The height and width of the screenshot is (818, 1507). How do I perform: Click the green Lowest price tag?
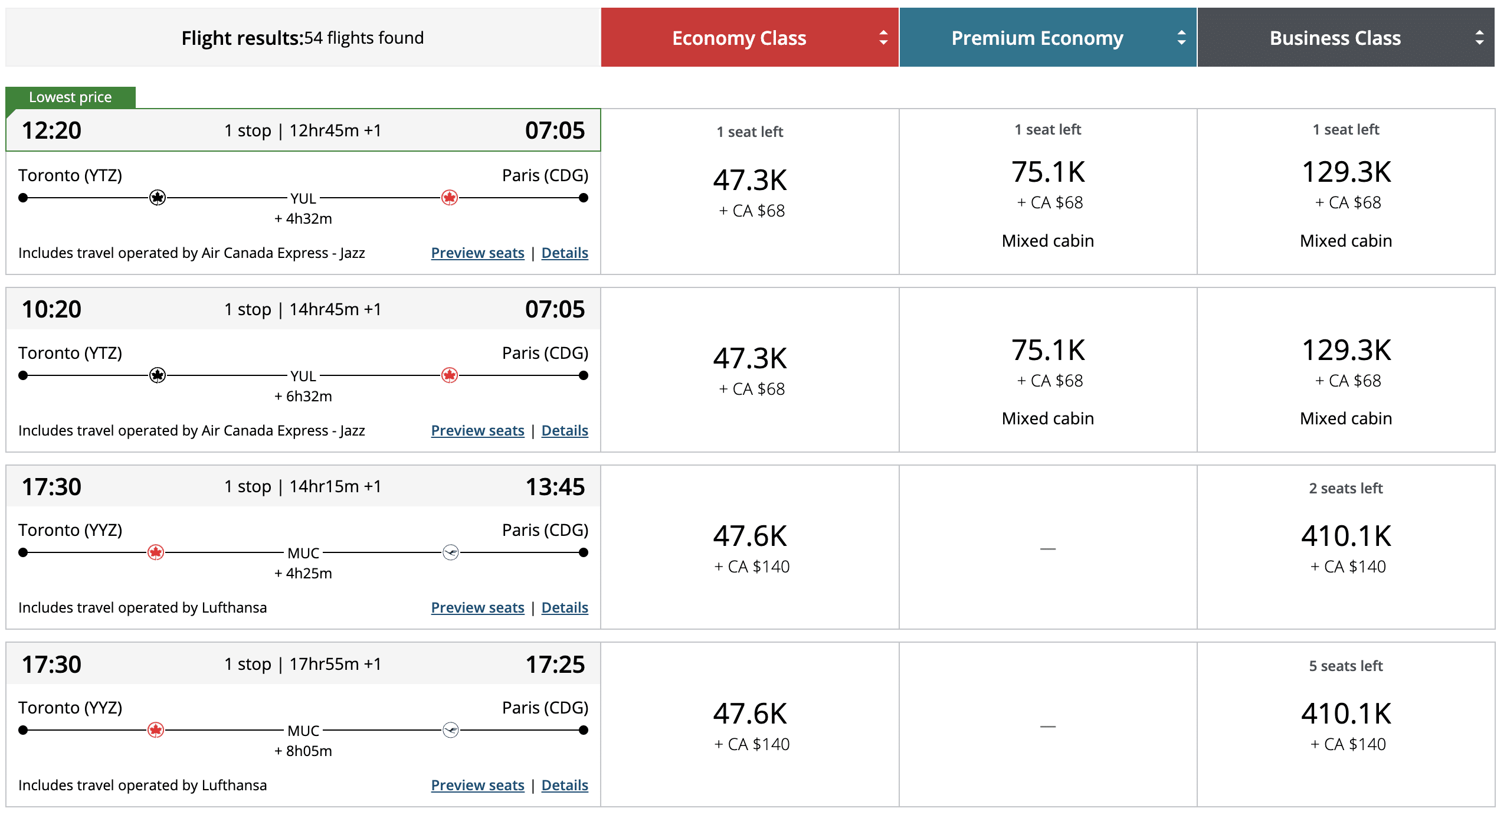[x=70, y=97]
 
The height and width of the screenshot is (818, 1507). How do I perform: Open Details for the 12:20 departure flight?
[x=565, y=253]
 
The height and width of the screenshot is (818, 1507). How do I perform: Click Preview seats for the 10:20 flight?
[x=477, y=431]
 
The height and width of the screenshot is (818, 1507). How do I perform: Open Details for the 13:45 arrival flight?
[x=565, y=608]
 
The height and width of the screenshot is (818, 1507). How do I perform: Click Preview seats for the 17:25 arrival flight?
[x=477, y=786]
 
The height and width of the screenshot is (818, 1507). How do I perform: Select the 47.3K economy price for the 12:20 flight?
[x=750, y=181]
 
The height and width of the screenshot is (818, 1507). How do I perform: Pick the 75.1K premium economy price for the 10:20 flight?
[x=1048, y=351]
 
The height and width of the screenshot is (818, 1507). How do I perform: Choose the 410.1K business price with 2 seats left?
[x=1346, y=536]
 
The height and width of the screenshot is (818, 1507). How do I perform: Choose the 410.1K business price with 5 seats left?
[x=1346, y=714]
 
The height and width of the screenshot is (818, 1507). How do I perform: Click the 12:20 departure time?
[x=51, y=130]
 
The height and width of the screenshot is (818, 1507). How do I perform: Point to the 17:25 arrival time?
[x=555, y=665]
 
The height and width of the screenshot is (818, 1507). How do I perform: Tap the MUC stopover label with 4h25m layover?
[x=303, y=554]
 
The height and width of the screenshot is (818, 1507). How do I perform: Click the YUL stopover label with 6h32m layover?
[x=303, y=376]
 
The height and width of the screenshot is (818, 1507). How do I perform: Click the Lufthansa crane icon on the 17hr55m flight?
[x=451, y=731]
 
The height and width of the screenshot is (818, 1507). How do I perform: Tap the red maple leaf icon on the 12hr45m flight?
[x=450, y=198]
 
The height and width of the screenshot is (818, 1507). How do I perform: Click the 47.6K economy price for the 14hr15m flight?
[x=750, y=536]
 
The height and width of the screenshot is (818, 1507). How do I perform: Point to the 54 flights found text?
[x=363, y=38]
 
